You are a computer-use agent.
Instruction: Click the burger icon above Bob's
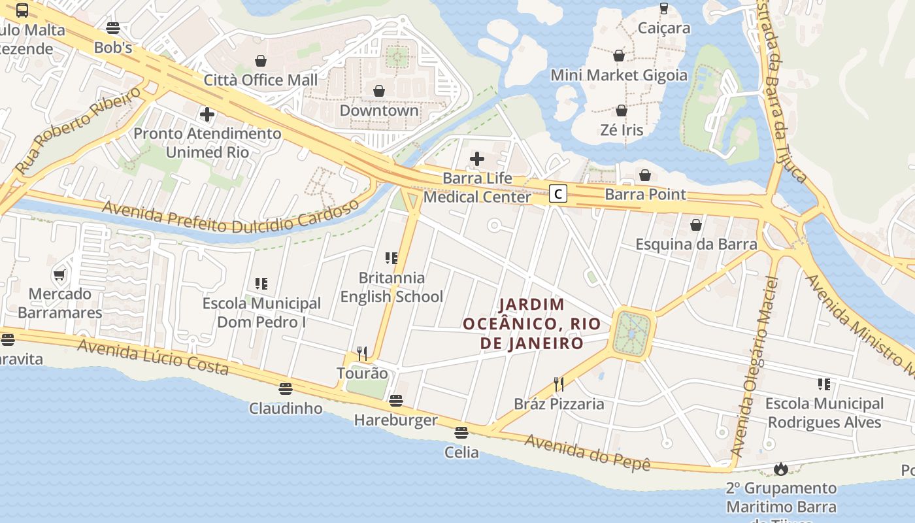[113, 28]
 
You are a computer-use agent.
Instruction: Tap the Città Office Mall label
[261, 80]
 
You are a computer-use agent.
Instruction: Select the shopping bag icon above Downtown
[379, 91]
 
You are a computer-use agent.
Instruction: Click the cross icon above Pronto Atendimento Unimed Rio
[207, 115]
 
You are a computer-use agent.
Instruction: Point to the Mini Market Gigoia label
[619, 75]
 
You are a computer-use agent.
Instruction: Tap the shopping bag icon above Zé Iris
[622, 110]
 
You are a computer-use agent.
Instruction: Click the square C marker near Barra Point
[557, 194]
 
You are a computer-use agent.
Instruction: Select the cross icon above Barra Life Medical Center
[477, 158]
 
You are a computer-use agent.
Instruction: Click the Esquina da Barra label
[696, 245]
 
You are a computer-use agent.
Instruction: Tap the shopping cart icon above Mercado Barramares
[59, 275]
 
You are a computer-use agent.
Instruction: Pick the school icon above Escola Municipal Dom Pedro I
[261, 284]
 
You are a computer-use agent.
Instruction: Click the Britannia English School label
[391, 287]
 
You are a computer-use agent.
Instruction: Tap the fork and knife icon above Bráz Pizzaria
[559, 384]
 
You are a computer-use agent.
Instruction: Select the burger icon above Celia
[461, 432]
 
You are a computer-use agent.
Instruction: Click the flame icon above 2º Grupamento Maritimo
[780, 468]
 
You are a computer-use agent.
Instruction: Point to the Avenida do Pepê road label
[588, 452]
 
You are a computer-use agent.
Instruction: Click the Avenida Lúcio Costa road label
[153, 357]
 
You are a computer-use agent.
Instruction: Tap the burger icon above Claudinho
[286, 389]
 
